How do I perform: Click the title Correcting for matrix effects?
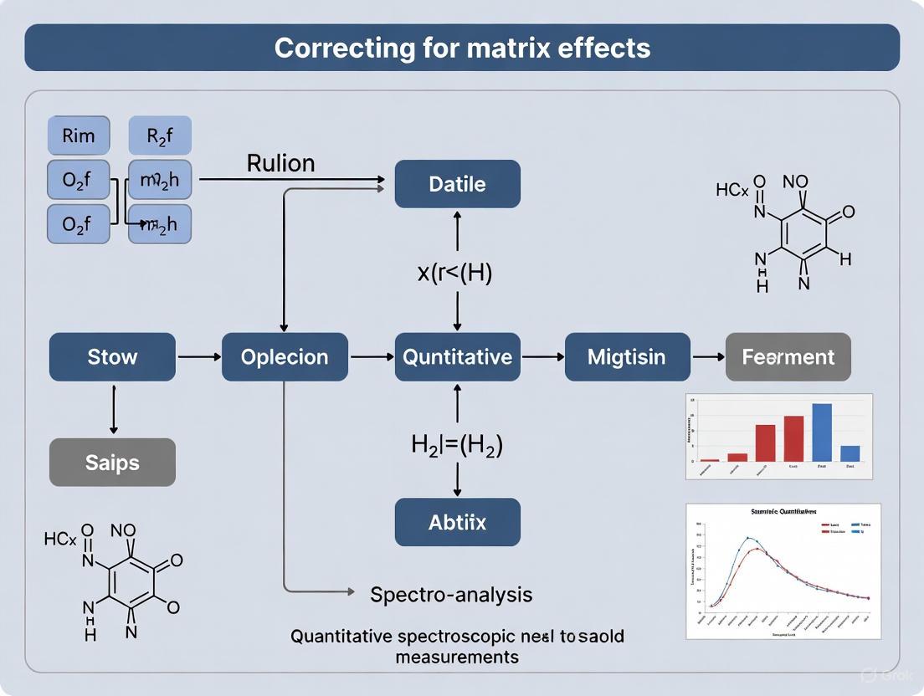coord(462,47)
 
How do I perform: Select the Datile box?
coord(457,184)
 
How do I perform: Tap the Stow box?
coord(112,357)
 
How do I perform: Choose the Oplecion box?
coord(285,357)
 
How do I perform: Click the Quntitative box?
coord(457,357)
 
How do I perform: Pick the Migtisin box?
coord(627,357)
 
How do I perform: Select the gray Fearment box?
coord(788,357)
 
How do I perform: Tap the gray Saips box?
coord(112,462)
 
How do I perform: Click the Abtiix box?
coord(457,522)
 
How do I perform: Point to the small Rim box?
coord(78,136)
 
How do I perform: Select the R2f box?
coord(159,136)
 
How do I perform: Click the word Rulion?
coord(280,163)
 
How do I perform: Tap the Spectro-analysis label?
coord(451,595)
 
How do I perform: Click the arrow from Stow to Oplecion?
coord(198,357)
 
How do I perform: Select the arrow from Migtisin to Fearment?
coord(708,357)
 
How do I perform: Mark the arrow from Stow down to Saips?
coord(112,409)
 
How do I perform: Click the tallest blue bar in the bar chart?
coord(822,432)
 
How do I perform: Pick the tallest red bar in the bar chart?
coord(793,438)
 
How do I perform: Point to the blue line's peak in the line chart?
coord(749,538)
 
